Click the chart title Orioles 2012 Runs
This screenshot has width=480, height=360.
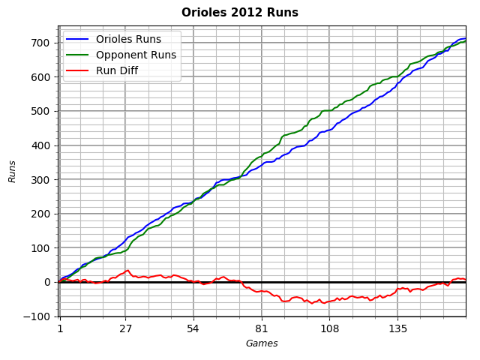[x=240, y=13]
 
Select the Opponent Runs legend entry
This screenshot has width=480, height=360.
[x=136, y=55]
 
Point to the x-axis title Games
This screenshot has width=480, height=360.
[x=262, y=343]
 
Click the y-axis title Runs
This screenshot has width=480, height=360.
[x=13, y=171]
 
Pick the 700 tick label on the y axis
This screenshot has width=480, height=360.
[x=41, y=43]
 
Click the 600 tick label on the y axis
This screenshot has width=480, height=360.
[x=41, y=77]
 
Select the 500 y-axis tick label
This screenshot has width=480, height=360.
[x=41, y=111]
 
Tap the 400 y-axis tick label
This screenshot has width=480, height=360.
[x=41, y=145]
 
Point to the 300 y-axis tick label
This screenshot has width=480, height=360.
[x=41, y=180]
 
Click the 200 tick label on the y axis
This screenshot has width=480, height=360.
[x=41, y=214]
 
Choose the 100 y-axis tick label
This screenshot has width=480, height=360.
[x=41, y=248]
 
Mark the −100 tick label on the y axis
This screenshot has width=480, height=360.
[x=37, y=316]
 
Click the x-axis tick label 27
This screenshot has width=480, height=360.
[x=125, y=328]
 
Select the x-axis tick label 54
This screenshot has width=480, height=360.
[x=193, y=328]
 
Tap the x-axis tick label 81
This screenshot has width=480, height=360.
[x=261, y=328]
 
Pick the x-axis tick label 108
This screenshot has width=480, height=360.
[x=329, y=328]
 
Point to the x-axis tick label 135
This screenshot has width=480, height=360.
[x=397, y=328]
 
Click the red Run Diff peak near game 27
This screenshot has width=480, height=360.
[x=127, y=271]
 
